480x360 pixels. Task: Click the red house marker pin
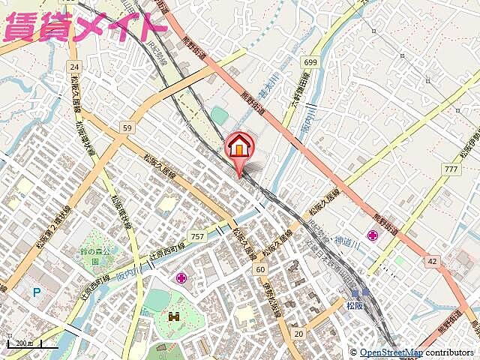pyautogui.click(x=239, y=145)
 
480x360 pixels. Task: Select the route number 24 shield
pyautogui.click(x=73, y=66)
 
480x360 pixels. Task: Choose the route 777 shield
pyautogui.click(x=451, y=169)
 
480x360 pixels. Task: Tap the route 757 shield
pyautogui.click(x=197, y=236)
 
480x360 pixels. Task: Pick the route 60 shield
pyautogui.click(x=259, y=268)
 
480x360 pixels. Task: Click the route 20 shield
pyautogui.click(x=298, y=333)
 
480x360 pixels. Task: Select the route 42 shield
pyautogui.click(x=432, y=261)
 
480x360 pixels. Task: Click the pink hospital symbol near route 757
pyautogui.click(x=181, y=278)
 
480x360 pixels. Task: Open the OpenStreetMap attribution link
pyautogui.click(x=391, y=352)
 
